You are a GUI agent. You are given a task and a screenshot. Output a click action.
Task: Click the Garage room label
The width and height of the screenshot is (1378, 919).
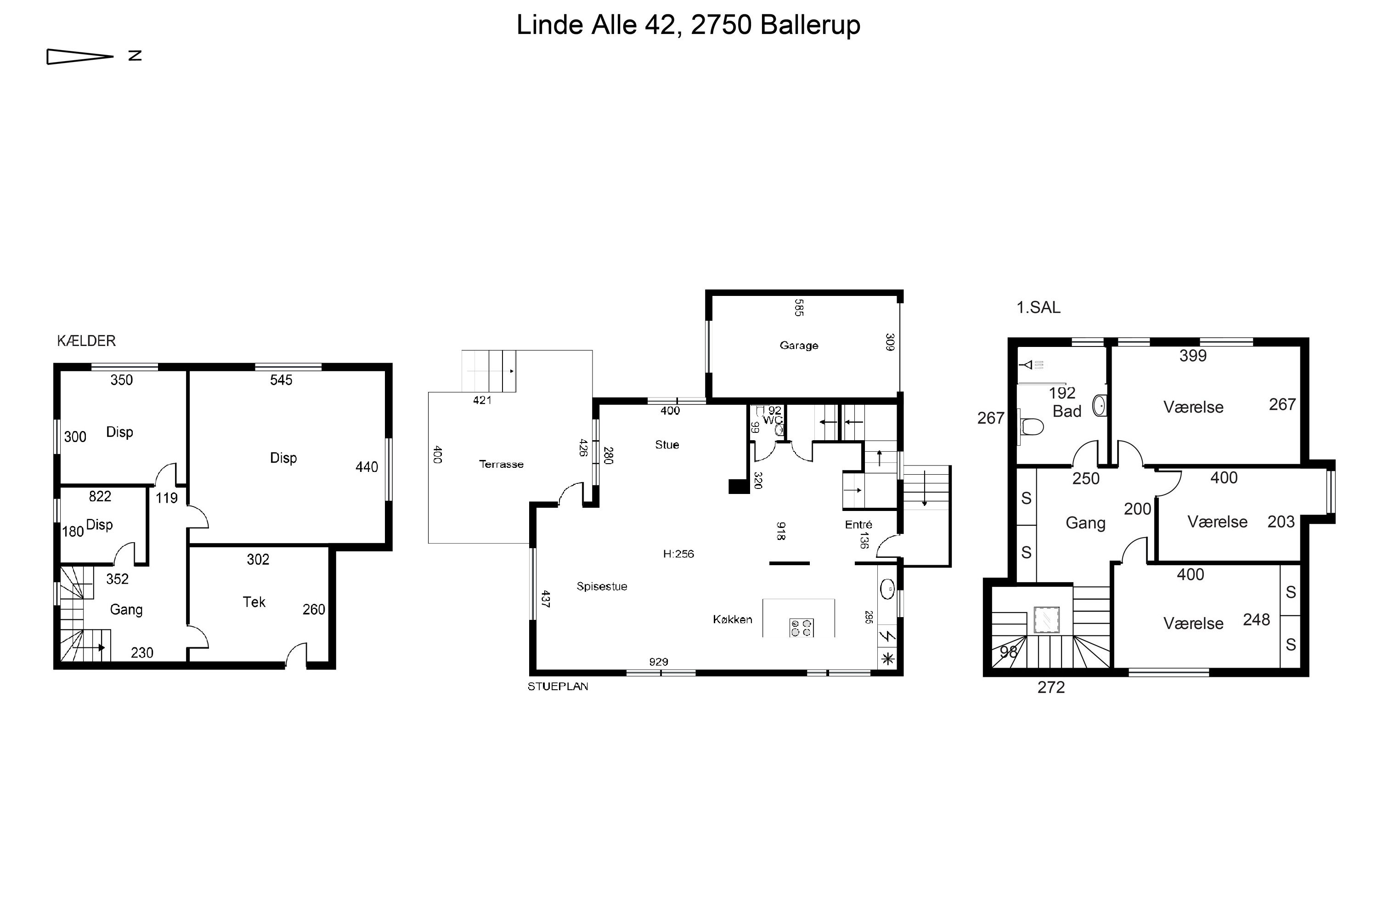(x=799, y=345)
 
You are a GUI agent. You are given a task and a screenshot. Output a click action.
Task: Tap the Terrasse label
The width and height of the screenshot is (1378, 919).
(x=501, y=464)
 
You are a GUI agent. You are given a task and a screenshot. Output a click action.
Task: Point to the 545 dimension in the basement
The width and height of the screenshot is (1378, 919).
(x=281, y=380)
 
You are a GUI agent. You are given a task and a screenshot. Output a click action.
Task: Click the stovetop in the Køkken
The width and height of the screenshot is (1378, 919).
(x=801, y=628)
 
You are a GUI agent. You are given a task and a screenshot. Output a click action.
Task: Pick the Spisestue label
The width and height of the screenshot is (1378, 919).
(x=602, y=586)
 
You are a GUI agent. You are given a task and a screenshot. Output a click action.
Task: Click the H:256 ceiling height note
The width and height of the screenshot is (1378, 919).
(x=678, y=554)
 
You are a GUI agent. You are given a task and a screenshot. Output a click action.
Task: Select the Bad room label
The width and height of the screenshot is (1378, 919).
(x=1067, y=411)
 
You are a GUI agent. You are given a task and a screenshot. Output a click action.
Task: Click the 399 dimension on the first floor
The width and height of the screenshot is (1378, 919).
(x=1193, y=356)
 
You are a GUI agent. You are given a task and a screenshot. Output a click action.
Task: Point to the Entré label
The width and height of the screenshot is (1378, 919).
(x=858, y=525)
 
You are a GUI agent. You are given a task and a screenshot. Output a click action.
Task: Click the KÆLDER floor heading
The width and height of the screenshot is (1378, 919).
(x=86, y=340)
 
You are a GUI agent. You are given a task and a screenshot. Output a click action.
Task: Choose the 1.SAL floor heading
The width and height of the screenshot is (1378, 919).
(x=1038, y=307)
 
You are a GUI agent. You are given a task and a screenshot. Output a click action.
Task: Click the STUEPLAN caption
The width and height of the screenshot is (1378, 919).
(x=558, y=686)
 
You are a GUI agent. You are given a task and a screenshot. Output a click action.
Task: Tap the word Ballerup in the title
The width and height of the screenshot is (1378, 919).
(x=810, y=25)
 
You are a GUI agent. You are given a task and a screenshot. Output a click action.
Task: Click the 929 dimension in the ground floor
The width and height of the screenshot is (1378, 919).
(x=659, y=662)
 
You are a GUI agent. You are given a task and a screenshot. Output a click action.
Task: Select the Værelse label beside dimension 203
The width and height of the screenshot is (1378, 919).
(x=1218, y=522)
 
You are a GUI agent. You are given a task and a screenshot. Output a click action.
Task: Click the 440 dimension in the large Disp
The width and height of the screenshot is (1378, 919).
(x=367, y=467)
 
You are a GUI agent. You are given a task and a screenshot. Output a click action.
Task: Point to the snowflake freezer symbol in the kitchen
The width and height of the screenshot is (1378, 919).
(x=888, y=659)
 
